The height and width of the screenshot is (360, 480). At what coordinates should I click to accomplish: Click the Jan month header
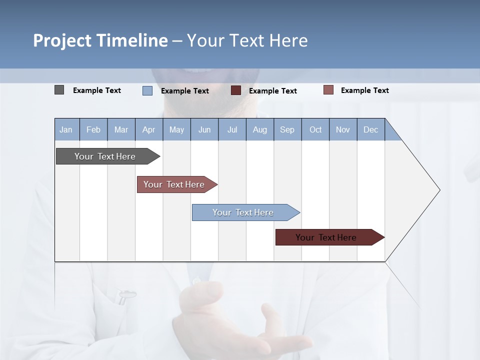pos(66,129)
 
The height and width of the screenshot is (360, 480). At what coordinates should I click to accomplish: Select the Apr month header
pos(149,129)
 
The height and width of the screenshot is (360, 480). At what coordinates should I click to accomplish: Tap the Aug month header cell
pos(260,129)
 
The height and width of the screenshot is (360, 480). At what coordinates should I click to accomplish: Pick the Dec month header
pos(371,129)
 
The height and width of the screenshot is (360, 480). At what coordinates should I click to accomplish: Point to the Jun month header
pos(204,129)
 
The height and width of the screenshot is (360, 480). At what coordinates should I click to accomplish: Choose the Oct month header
pos(315,129)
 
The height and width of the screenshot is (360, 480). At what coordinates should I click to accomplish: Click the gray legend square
pos(59,90)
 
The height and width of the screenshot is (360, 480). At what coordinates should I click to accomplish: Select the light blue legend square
pos(147,90)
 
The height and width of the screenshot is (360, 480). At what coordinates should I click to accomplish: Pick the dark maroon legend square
pos(236,90)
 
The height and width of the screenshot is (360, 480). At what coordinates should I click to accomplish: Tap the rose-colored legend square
pos(328,90)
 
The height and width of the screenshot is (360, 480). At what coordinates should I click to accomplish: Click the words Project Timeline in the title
pos(100,40)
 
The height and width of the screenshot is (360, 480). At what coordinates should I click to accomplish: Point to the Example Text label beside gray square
pos(97,90)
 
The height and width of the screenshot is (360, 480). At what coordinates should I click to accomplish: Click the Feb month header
pos(93,129)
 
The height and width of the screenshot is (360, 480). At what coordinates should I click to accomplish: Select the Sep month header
pos(287,129)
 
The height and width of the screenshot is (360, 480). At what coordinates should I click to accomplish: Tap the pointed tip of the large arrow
pos(438,190)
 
